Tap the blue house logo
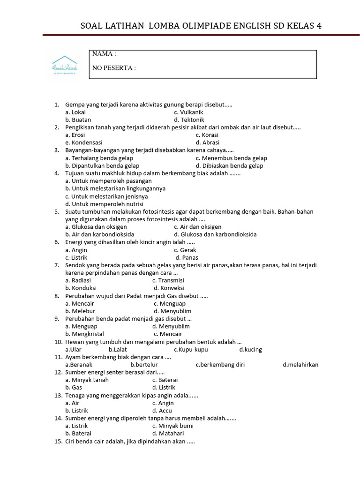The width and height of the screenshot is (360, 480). (65, 65)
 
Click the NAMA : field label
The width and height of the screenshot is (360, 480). (104, 54)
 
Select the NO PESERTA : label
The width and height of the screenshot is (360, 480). (114, 68)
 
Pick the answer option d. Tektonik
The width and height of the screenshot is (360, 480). (189, 120)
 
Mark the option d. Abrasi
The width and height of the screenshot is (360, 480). (208, 142)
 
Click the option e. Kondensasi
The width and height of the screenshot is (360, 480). (84, 142)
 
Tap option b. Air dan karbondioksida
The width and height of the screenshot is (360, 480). (100, 234)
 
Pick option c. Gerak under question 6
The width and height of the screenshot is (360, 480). (185, 250)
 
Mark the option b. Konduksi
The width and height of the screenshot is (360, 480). (81, 288)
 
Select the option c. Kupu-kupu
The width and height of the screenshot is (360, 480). (191, 349)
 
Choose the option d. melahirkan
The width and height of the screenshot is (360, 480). (300, 365)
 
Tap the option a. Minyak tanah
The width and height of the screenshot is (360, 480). (87, 380)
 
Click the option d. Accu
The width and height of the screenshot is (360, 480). (163, 410)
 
